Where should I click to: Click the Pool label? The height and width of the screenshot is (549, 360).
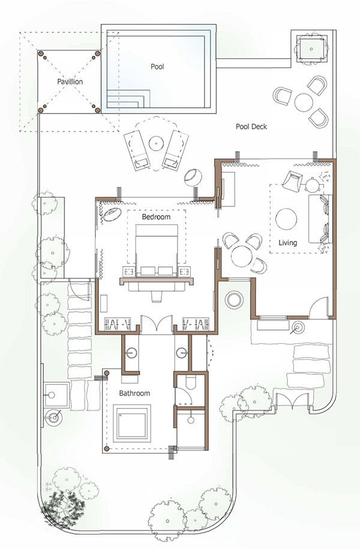(x=157, y=66)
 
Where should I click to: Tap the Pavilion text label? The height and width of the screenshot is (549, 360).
(x=70, y=82)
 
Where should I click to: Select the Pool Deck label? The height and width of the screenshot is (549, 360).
(x=251, y=127)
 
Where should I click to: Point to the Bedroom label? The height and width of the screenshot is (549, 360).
(x=156, y=217)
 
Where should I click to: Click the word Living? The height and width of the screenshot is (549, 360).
(x=288, y=242)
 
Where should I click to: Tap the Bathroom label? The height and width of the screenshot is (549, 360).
(x=134, y=393)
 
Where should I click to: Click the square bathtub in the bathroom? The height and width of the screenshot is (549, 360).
(x=131, y=424)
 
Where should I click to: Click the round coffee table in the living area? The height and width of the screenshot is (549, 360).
(x=286, y=219)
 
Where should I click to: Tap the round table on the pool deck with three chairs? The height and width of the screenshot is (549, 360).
(x=304, y=102)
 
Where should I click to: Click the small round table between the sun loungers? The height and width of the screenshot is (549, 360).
(x=155, y=143)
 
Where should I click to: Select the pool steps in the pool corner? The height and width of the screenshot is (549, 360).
(x=128, y=99)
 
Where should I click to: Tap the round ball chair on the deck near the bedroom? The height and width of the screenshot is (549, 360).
(x=193, y=177)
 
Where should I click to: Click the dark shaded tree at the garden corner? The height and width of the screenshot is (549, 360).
(x=64, y=505)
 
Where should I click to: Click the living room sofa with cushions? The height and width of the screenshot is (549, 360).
(x=319, y=219)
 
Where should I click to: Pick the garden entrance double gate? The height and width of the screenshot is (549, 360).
(x=292, y=400)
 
